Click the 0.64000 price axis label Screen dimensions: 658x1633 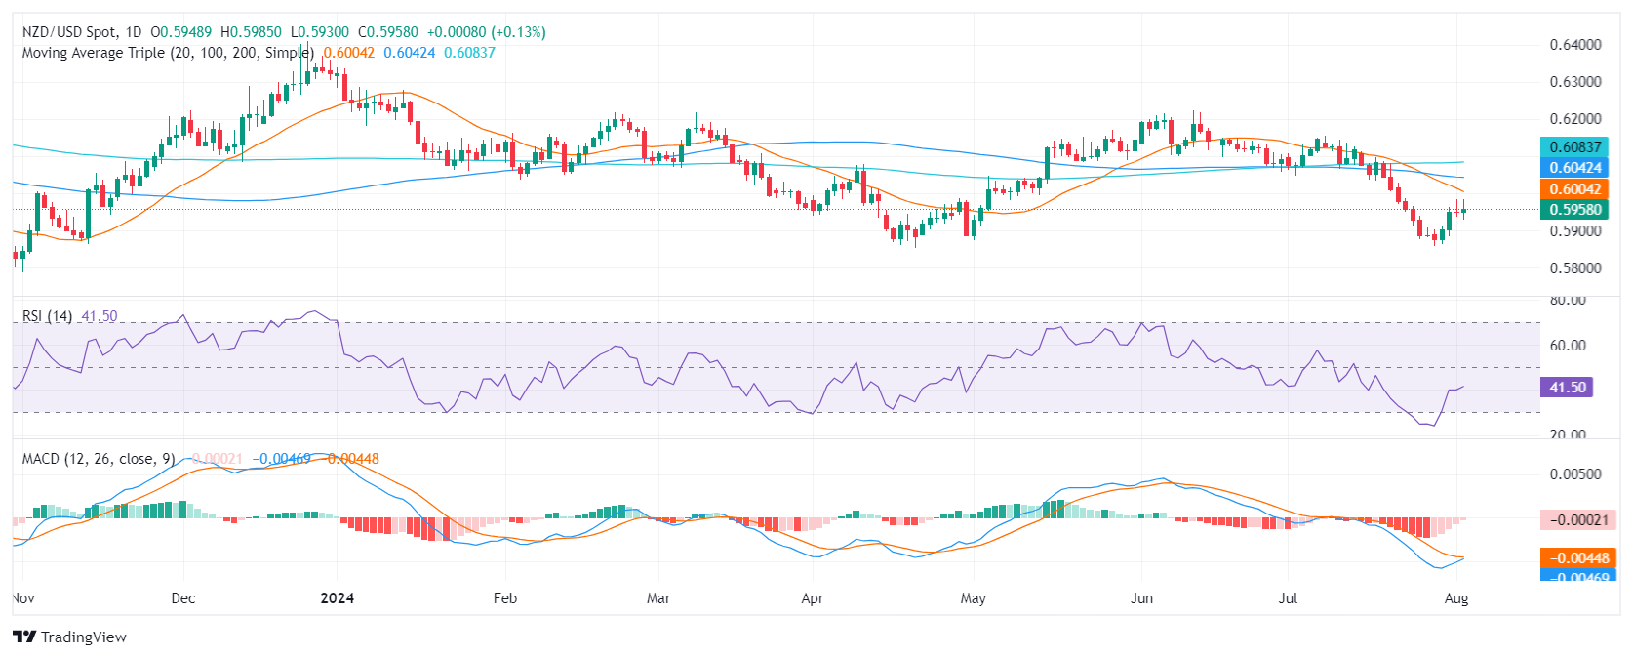pyautogui.click(x=1574, y=45)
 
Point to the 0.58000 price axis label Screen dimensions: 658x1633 pyautogui.click(x=1574, y=268)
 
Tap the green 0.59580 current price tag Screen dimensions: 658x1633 pyautogui.click(x=1574, y=210)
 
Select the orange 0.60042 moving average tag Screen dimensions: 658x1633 pyautogui.click(x=1574, y=189)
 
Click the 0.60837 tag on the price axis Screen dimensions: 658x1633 pyautogui.click(x=1574, y=147)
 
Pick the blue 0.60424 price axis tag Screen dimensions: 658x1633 pyautogui.click(x=1574, y=168)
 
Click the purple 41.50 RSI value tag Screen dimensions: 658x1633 pyautogui.click(x=1567, y=388)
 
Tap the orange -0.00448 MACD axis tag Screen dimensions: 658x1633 pyautogui.click(x=1574, y=558)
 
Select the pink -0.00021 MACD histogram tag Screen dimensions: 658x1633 pyautogui.click(x=1574, y=520)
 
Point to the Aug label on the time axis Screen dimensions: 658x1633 pyautogui.click(x=1455, y=598)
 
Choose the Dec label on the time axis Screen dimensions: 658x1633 pyautogui.click(x=182, y=598)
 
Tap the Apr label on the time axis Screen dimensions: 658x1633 pyautogui.click(x=812, y=598)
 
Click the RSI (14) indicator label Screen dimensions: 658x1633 pyautogui.click(x=47, y=316)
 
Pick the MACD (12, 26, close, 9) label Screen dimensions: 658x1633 pyautogui.click(x=98, y=459)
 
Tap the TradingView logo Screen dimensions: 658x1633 pyautogui.click(x=70, y=637)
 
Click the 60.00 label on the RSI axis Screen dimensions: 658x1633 pyautogui.click(x=1567, y=346)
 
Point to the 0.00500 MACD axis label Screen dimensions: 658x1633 pyautogui.click(x=1574, y=474)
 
